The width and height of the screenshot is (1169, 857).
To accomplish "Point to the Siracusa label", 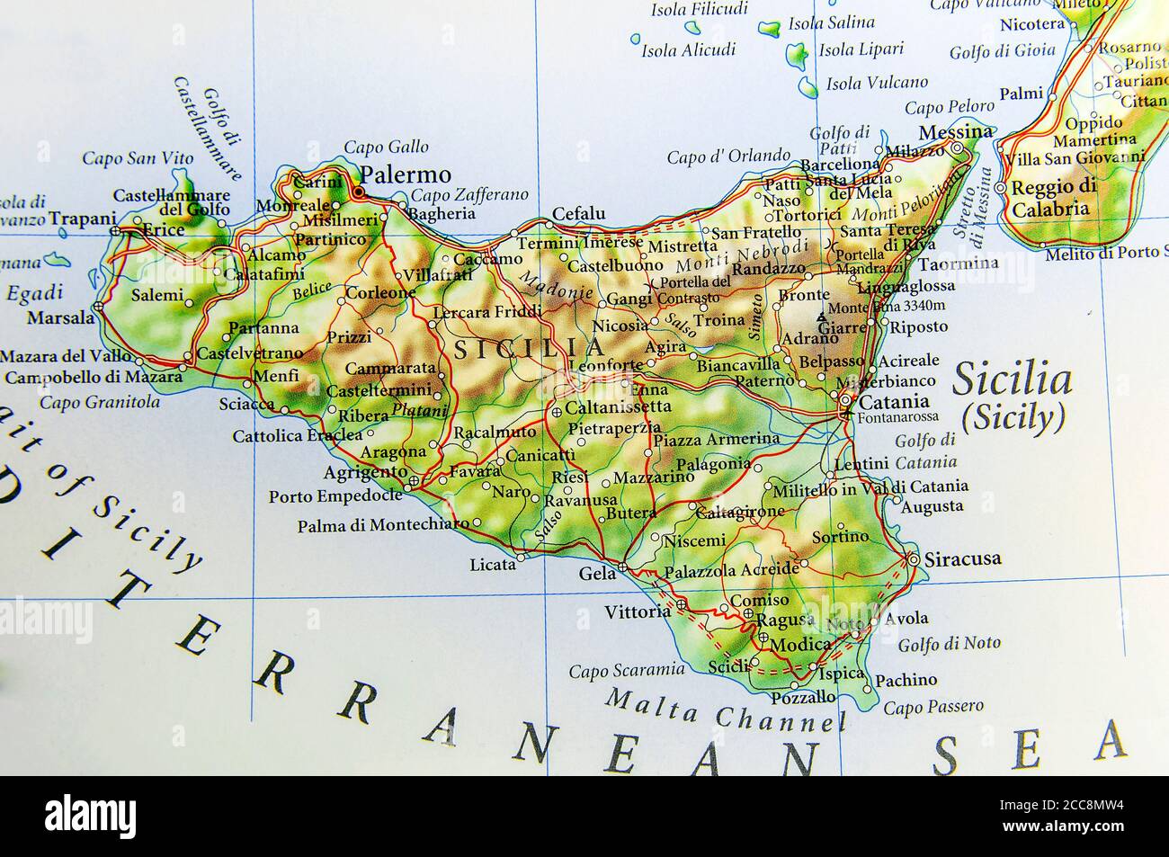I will pos(962,558).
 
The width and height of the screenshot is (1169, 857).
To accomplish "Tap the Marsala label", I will pos(60,317).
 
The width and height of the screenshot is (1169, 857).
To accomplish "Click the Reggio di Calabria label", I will pos(1053,198).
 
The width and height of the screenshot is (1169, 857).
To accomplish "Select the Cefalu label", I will pos(578,213).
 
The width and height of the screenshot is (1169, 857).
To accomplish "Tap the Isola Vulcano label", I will pos(877,83).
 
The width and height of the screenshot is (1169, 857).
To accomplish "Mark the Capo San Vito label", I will pos(138,158).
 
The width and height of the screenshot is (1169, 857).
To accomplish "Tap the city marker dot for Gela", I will pos(623,568).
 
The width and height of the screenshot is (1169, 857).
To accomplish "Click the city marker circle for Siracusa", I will pos(915,559).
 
